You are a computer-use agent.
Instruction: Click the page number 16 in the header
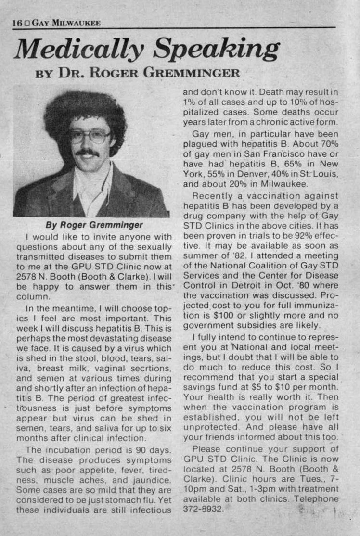[17, 23]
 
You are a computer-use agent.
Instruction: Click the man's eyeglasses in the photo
[90, 137]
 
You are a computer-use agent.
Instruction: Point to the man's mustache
[87, 153]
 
